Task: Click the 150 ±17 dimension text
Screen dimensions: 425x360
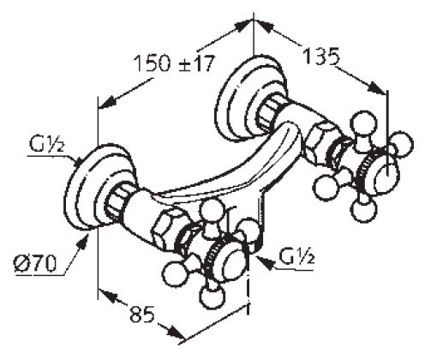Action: (x=174, y=63)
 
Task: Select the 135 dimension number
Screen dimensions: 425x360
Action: (x=321, y=56)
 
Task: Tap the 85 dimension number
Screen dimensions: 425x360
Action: (x=142, y=315)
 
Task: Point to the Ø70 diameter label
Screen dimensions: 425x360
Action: (x=35, y=263)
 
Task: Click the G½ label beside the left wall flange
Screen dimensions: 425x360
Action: (x=46, y=146)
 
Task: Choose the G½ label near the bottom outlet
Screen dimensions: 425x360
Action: (x=296, y=257)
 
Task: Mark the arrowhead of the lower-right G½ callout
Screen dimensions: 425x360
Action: (x=264, y=261)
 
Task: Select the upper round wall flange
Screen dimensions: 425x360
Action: (x=250, y=98)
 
